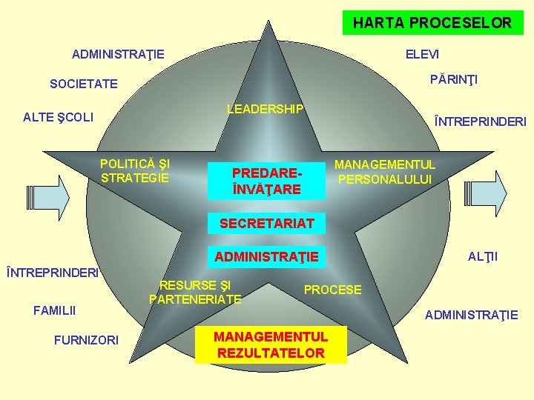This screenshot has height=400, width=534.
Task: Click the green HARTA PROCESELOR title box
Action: click(432, 22)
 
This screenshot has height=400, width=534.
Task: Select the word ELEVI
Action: click(422, 55)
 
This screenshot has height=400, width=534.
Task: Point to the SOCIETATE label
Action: click(83, 84)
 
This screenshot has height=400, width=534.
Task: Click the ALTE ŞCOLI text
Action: click(58, 117)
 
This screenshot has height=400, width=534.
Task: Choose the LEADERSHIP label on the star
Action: click(265, 110)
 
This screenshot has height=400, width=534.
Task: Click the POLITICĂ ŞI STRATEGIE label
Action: click(135, 170)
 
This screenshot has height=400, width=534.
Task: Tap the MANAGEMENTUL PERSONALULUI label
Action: click(385, 172)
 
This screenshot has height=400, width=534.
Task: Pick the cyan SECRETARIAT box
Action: click(267, 223)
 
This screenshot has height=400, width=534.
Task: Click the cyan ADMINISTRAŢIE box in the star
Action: click(266, 257)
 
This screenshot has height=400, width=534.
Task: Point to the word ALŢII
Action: click(482, 257)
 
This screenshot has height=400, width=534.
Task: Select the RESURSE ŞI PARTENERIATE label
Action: click(195, 292)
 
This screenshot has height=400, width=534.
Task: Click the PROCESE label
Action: click(333, 290)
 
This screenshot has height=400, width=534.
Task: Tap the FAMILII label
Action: click(55, 310)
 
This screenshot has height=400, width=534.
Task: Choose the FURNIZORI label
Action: click(86, 340)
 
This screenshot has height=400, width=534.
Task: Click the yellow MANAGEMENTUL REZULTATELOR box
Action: click(271, 345)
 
